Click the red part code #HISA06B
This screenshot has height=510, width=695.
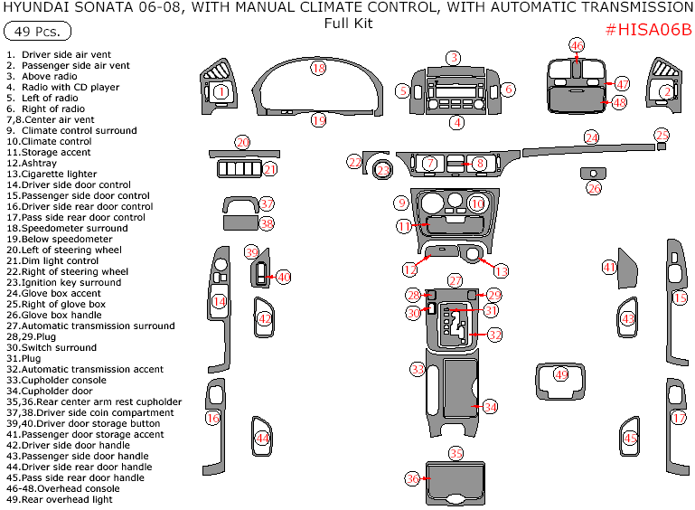[647, 29]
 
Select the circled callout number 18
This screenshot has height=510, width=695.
[318, 68]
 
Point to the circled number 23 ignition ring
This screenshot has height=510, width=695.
[383, 170]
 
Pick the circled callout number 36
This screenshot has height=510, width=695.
[412, 478]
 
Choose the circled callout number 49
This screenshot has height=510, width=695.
[561, 374]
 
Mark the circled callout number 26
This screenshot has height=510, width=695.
[594, 188]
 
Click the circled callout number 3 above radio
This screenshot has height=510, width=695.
[453, 58]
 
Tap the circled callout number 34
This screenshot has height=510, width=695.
[490, 407]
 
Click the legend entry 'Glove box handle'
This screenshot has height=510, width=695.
[63, 315]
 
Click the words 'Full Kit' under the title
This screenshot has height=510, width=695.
[348, 24]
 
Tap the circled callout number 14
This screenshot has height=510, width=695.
[219, 301]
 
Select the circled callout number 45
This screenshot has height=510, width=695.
[631, 439]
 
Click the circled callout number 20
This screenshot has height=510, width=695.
[242, 142]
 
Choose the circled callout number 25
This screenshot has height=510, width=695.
[662, 135]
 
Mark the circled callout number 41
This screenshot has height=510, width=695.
[610, 267]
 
